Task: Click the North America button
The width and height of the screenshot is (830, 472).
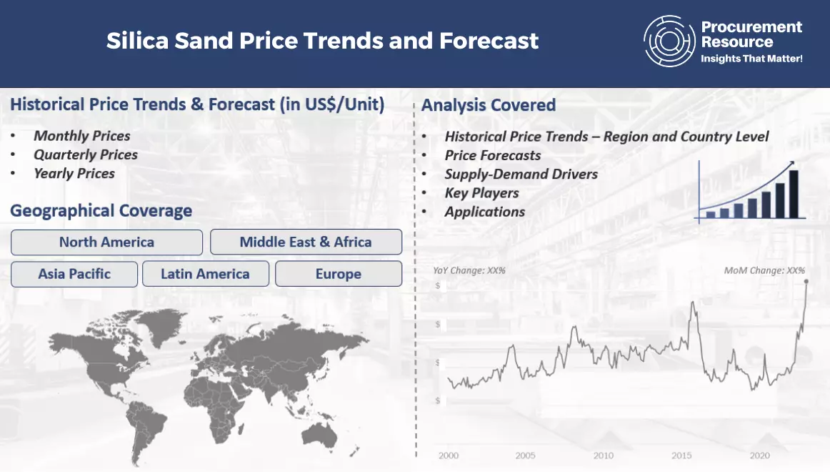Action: tap(106, 242)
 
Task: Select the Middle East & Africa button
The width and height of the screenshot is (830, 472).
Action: tap(306, 242)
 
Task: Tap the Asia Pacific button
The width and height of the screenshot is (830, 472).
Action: tap(74, 274)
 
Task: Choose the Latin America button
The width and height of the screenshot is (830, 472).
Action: tap(206, 274)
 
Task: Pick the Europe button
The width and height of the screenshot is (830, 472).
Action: tap(339, 274)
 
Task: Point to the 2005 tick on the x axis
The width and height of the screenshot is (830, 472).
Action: tap(525, 455)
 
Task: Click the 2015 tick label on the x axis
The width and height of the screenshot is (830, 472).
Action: tap(681, 455)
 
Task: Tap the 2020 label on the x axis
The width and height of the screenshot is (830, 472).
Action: tap(759, 455)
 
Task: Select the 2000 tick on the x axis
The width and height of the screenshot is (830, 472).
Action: tap(449, 455)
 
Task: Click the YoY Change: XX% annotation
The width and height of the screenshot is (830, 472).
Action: tap(469, 270)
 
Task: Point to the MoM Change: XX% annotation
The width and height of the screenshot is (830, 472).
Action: tap(764, 270)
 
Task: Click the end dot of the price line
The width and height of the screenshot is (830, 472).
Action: tap(806, 282)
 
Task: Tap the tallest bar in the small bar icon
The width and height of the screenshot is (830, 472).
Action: tap(794, 194)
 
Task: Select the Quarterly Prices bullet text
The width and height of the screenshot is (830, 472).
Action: tap(86, 154)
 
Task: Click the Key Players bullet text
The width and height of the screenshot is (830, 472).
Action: tap(481, 193)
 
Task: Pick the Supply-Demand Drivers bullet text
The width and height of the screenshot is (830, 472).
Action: tap(521, 174)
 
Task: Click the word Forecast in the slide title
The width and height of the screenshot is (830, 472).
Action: tap(489, 41)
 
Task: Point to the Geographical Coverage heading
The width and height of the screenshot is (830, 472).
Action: tap(101, 210)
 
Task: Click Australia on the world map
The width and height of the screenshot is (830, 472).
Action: tap(319, 436)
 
